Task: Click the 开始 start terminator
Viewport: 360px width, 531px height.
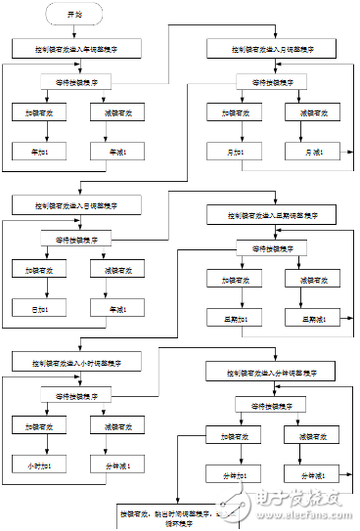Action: click(x=75, y=16)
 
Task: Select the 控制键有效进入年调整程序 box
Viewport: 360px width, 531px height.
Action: click(x=75, y=48)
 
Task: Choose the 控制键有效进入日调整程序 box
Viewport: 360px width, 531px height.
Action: click(x=75, y=205)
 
